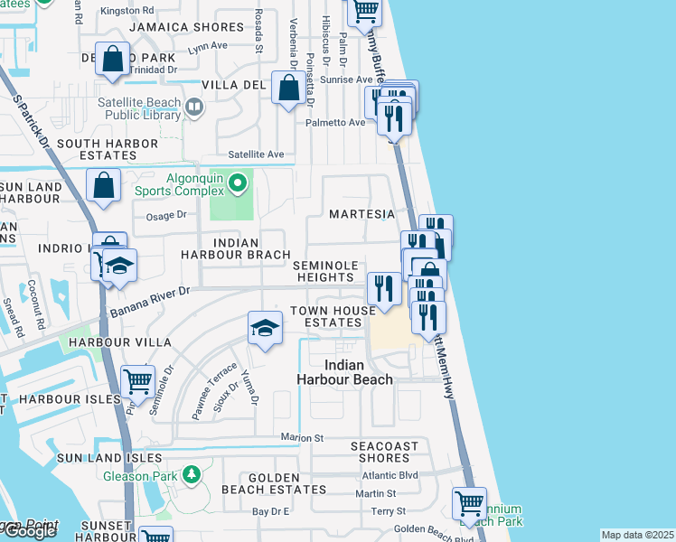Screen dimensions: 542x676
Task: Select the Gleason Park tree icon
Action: (x=190, y=474)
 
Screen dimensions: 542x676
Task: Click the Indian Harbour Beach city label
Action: (x=344, y=372)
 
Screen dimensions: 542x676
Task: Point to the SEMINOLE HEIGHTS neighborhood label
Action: (x=327, y=271)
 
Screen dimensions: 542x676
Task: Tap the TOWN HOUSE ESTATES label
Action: (x=332, y=316)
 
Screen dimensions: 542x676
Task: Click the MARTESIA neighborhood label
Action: (x=361, y=214)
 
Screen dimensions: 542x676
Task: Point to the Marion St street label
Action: (x=302, y=438)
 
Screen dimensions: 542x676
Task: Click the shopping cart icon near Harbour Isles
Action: (x=137, y=381)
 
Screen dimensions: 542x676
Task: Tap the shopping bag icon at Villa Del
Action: (x=288, y=89)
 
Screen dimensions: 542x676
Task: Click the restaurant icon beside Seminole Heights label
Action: (x=383, y=288)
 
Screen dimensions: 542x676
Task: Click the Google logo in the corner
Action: (x=29, y=530)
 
